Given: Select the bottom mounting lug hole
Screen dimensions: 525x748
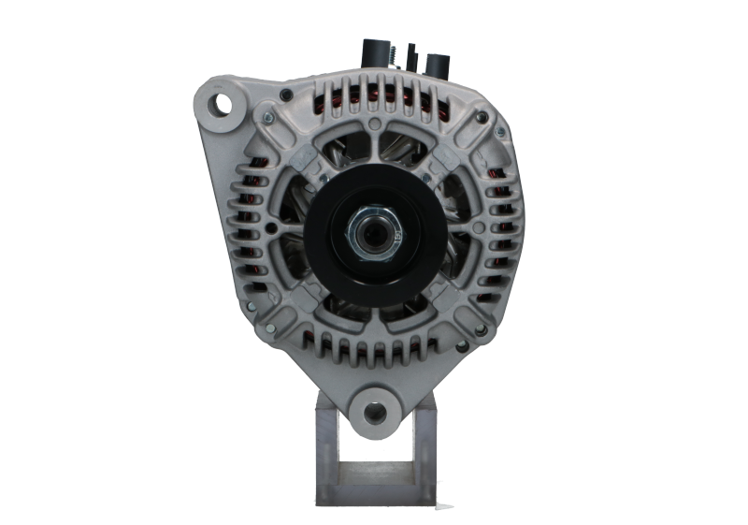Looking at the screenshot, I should pyautogui.click(x=375, y=411).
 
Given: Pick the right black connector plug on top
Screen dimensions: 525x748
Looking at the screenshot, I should pyautogui.click(x=438, y=65).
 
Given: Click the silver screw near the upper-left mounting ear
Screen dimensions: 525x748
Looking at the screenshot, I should pyautogui.click(x=266, y=116).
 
